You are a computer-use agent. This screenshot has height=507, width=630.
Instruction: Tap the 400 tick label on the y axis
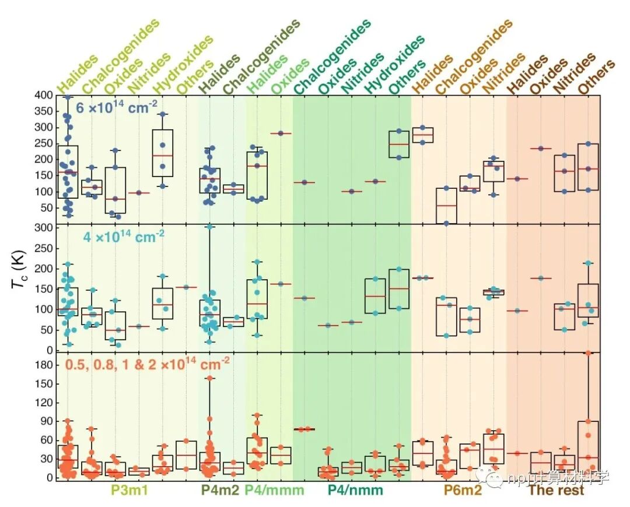43,95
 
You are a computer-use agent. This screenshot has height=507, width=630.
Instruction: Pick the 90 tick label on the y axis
45,421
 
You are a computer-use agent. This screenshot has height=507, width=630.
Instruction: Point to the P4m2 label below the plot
219,491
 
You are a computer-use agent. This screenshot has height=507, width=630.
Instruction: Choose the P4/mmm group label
274,491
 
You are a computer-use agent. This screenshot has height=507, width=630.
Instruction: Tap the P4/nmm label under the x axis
355,491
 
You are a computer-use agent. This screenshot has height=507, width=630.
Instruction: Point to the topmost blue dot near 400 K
68,97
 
